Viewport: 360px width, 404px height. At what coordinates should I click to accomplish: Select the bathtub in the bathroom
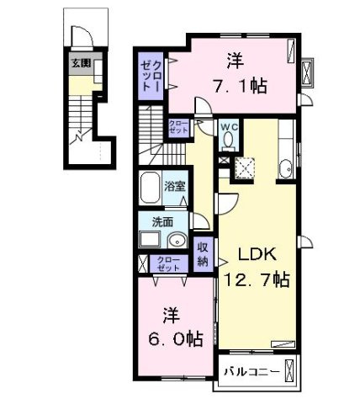(151, 188)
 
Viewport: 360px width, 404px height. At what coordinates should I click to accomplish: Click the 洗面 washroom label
(163, 222)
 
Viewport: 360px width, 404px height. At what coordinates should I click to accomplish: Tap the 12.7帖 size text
(256, 279)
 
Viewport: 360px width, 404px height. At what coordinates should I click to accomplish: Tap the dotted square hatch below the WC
(246, 169)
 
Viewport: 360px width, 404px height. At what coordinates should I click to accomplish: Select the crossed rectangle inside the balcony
(292, 370)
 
